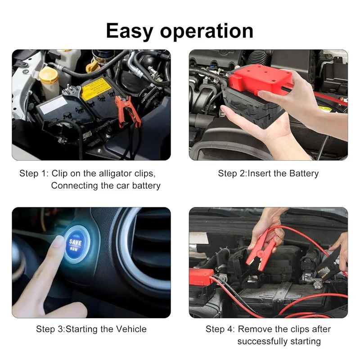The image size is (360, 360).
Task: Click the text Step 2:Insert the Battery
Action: (x=268, y=173)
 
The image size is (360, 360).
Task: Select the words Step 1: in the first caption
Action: (x=34, y=173)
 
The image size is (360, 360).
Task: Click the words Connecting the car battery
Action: (x=106, y=185)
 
